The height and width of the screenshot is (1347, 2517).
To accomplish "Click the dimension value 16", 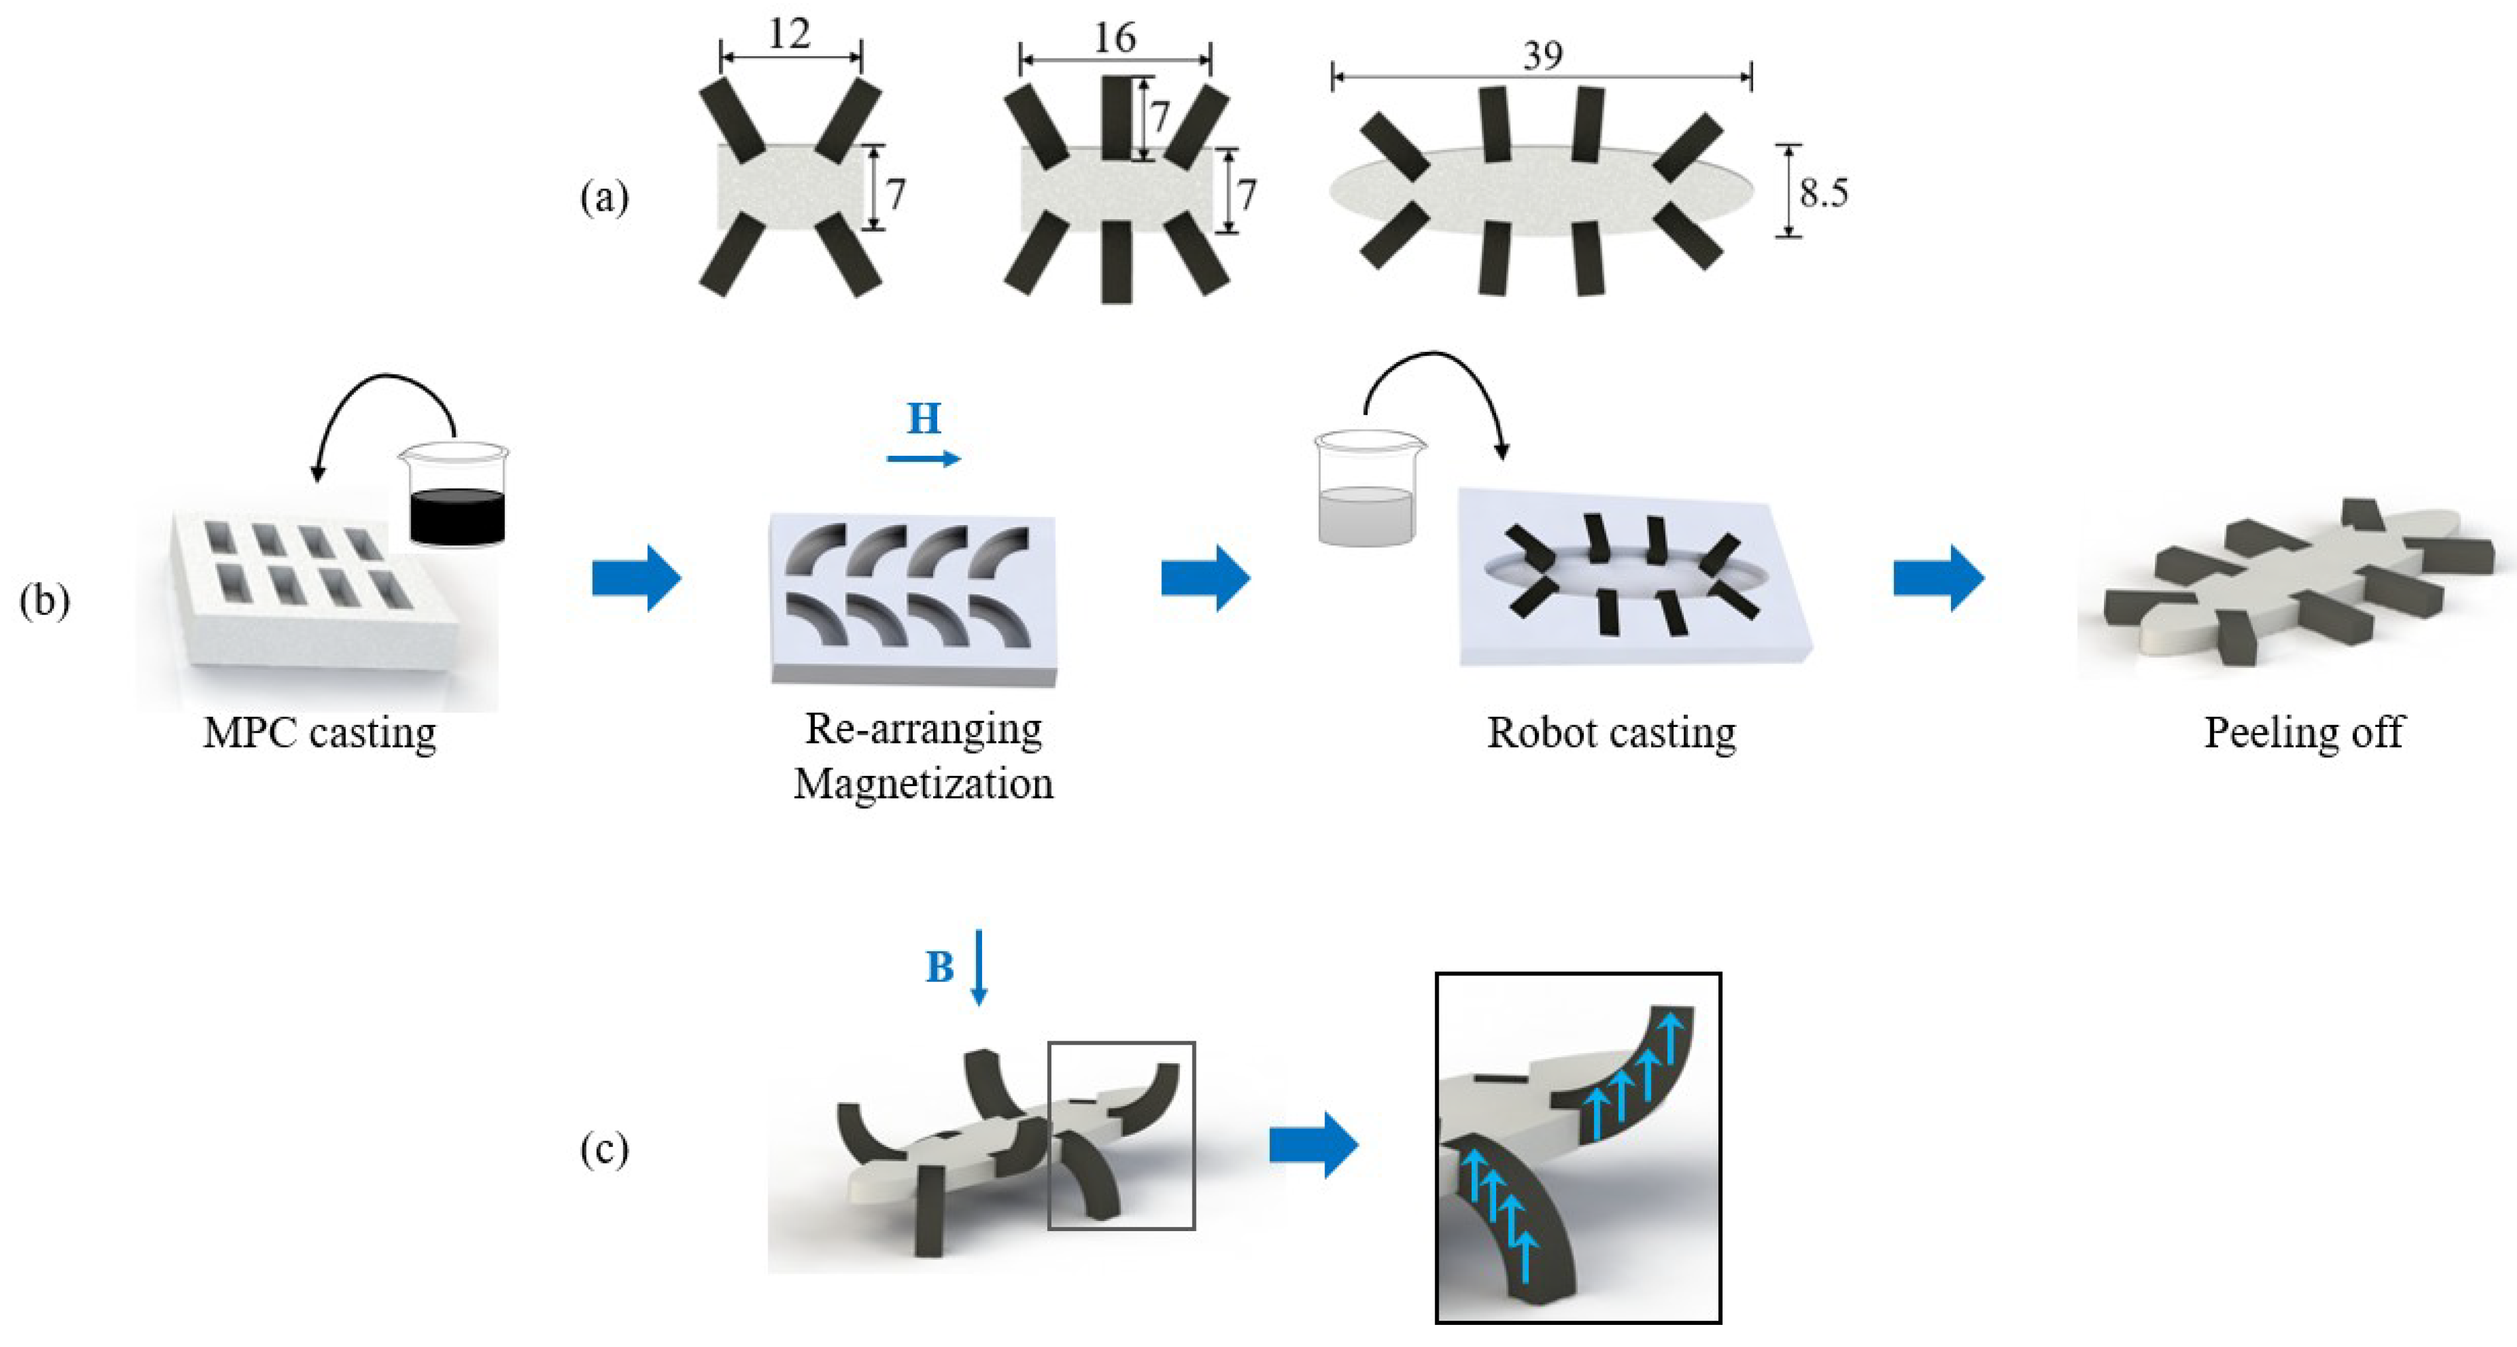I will click(x=1114, y=39).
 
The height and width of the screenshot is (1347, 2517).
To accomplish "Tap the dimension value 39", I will click(x=1542, y=56).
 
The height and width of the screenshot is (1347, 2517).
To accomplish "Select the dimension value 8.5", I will click(x=1823, y=192).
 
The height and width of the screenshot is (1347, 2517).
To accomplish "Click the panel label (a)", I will click(x=604, y=197).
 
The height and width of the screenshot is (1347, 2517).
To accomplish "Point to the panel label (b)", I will click(x=44, y=600).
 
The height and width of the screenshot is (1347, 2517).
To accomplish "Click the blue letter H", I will click(x=923, y=418).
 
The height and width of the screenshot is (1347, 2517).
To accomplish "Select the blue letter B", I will click(x=939, y=967).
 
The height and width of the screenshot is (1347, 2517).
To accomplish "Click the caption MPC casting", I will click(x=320, y=732).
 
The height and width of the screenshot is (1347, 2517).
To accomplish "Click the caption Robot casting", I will click(x=1611, y=732).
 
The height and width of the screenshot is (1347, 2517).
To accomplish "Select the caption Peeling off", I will click(x=2303, y=732).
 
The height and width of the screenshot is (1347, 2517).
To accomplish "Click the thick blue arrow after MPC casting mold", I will click(x=636, y=578).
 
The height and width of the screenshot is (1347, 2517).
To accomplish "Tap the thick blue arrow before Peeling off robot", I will click(x=1938, y=578).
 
